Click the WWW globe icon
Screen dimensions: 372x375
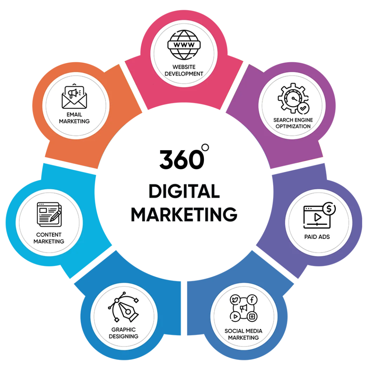(x=184, y=45)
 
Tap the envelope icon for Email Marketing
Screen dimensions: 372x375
(x=74, y=97)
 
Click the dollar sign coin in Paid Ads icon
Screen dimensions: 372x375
(x=329, y=208)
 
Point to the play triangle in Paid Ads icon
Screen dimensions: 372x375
(x=317, y=217)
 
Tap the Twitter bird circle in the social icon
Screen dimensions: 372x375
(x=235, y=300)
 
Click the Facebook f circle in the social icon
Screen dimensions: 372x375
(x=252, y=300)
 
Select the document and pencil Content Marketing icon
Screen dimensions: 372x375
(x=49, y=215)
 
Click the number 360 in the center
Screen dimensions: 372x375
(x=182, y=159)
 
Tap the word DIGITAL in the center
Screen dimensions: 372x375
(x=184, y=191)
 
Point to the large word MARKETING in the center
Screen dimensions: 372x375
(x=184, y=214)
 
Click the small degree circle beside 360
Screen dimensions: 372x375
(x=205, y=147)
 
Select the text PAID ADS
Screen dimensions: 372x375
(x=317, y=237)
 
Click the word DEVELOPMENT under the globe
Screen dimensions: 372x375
(x=184, y=74)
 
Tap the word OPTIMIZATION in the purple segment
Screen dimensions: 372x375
(x=293, y=126)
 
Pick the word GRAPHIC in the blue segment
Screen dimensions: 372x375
(x=123, y=330)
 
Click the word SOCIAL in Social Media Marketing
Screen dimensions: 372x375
(x=233, y=331)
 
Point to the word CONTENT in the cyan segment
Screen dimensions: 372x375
(x=49, y=235)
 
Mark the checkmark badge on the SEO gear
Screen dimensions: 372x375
(x=304, y=108)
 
